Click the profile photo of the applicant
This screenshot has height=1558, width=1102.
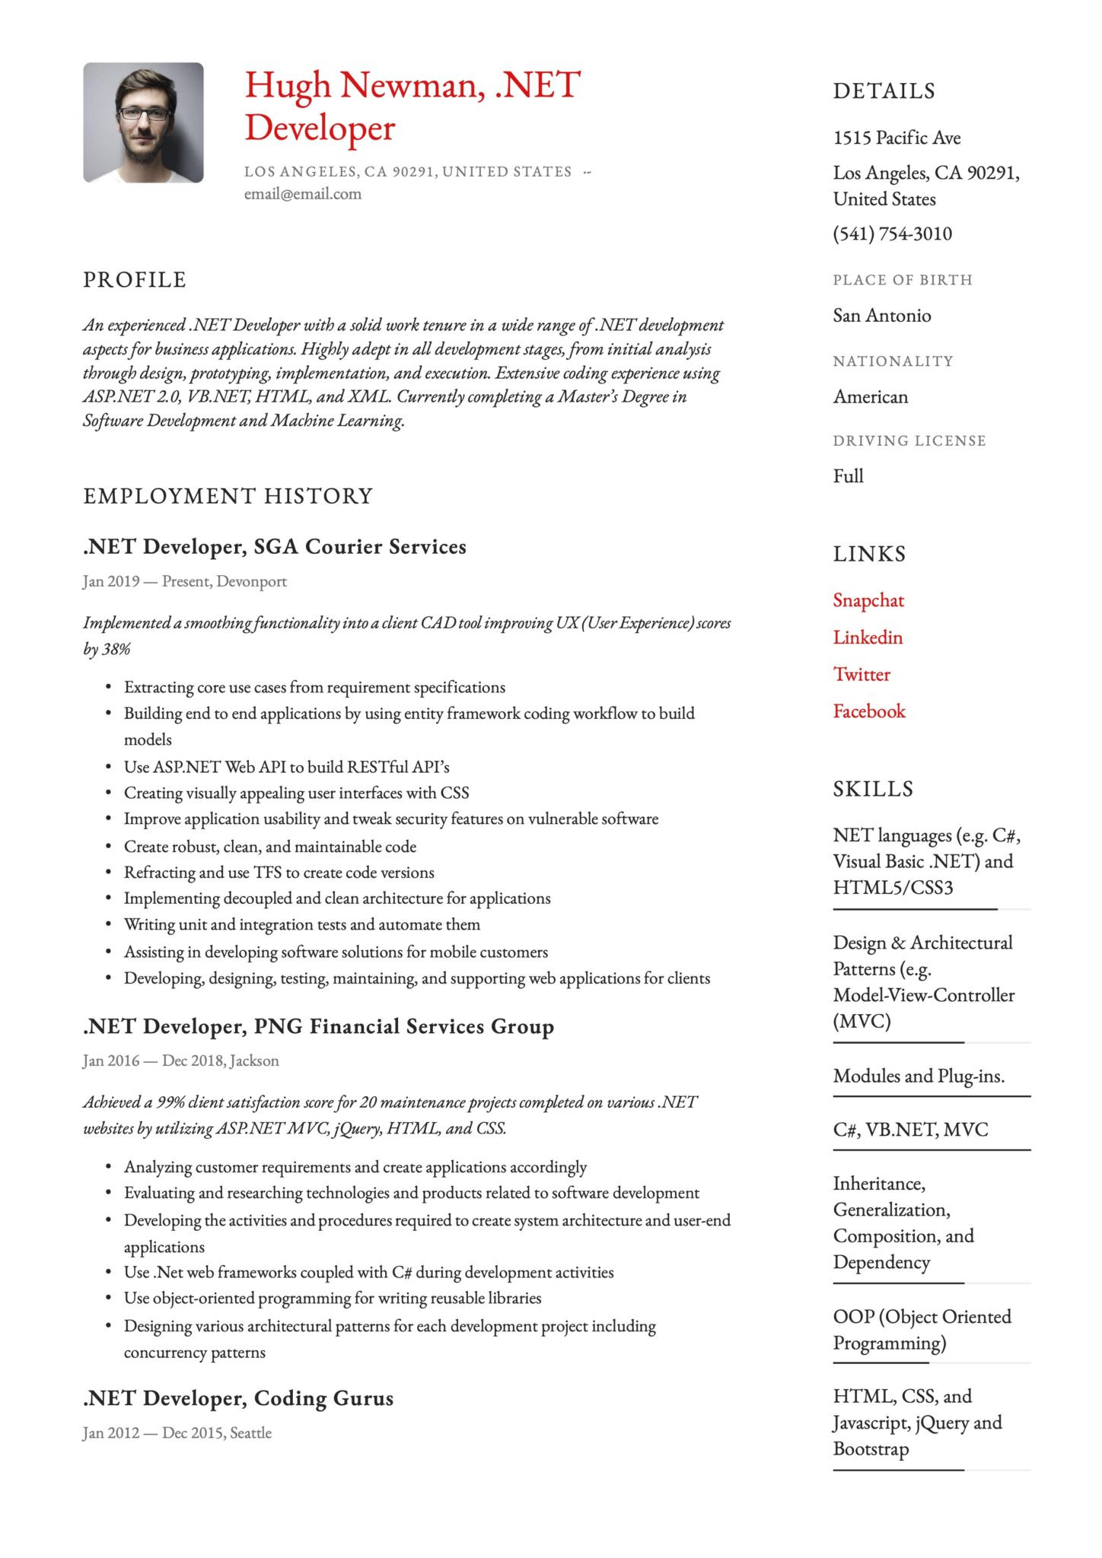143,122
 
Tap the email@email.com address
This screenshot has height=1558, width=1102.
302,194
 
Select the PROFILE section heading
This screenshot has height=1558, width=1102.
135,280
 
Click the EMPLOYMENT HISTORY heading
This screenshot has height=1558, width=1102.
228,496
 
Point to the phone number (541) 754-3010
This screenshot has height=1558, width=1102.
892,234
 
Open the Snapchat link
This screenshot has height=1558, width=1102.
868,600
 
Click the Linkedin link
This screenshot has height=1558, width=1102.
868,638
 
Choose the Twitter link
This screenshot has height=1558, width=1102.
862,674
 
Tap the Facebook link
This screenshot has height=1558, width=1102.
869,711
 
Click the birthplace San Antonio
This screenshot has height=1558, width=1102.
881,316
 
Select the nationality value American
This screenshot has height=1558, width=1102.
870,397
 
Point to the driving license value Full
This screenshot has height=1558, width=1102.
848,476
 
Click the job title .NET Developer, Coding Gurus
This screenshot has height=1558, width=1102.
238,1398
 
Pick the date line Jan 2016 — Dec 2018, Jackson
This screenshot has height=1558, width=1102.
181,1060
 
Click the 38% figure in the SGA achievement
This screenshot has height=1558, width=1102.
116,649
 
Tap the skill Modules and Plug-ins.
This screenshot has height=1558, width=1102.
919,1076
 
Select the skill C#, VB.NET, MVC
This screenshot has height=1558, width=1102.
910,1130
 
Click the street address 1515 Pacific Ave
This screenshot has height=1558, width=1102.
897,138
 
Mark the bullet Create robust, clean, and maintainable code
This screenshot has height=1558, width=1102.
270,846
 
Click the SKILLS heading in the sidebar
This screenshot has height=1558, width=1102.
872,789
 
